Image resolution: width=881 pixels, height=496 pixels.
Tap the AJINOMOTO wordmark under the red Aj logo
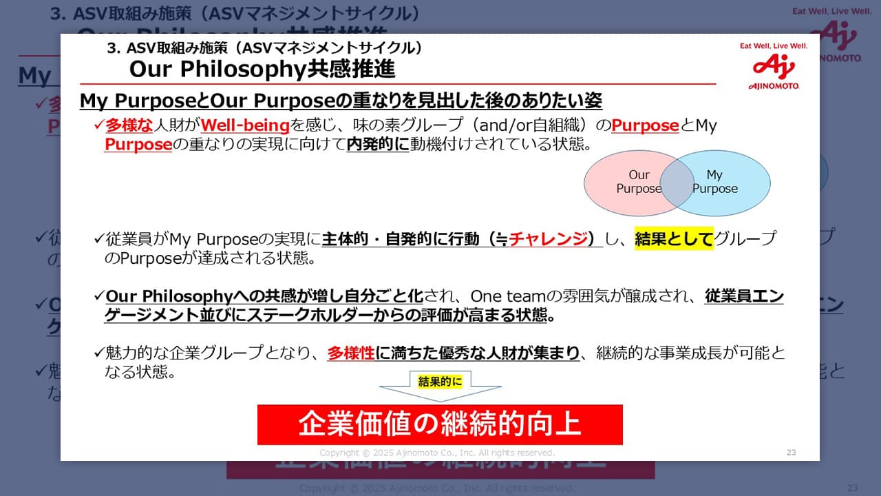tap(774, 86)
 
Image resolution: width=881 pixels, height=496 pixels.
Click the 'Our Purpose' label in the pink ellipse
tap(639, 181)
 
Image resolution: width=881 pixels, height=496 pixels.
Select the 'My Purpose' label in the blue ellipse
tap(714, 181)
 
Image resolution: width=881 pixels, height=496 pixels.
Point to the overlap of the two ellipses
tap(677, 183)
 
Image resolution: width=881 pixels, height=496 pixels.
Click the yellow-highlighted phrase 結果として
tap(674, 238)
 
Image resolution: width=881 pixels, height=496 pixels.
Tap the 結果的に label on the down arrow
tap(440, 382)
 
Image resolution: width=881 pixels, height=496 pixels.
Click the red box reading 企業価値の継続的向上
tap(440, 425)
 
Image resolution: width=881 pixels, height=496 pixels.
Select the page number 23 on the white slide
tap(792, 453)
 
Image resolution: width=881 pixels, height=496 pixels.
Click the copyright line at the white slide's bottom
tap(437, 453)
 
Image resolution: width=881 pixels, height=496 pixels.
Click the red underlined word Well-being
tap(245, 125)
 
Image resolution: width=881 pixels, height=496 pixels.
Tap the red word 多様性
tap(351, 353)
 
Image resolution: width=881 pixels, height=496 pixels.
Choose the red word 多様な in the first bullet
tap(129, 125)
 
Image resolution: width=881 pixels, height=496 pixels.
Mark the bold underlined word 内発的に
tap(378, 145)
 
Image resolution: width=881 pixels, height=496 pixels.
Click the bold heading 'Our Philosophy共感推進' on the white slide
tap(262, 70)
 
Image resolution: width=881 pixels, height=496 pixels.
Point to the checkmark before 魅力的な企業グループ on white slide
tap(99, 352)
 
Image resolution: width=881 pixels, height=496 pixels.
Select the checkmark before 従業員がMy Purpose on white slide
tap(99, 238)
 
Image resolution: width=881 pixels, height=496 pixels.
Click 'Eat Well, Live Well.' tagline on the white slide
tap(774, 46)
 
